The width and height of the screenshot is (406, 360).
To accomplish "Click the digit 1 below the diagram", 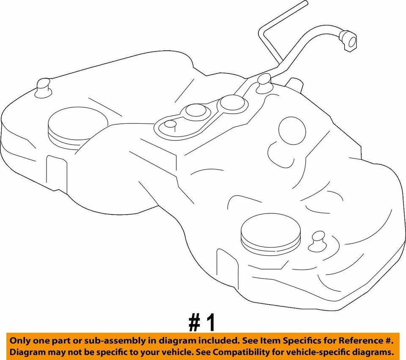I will click(x=210, y=323).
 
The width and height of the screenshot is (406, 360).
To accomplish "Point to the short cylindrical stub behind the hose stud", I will click(x=295, y=84).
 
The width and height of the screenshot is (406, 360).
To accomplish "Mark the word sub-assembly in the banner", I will click(x=112, y=341).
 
